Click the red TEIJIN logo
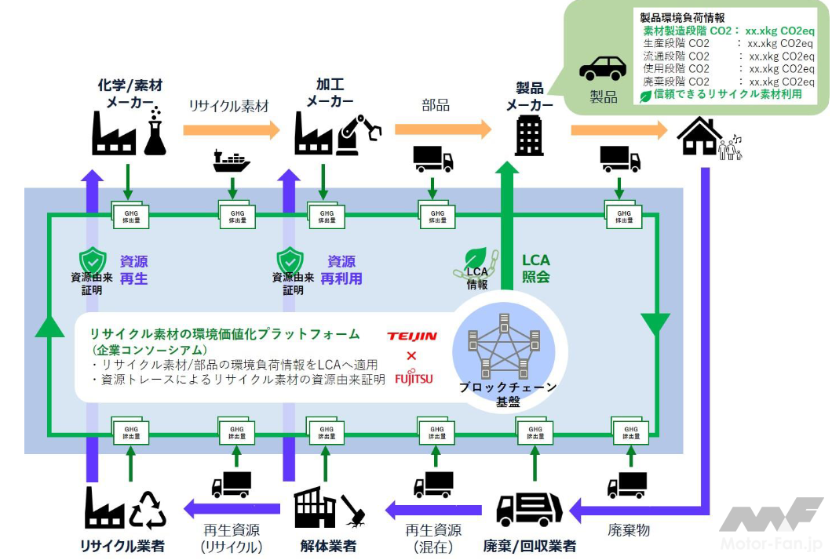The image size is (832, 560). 412,336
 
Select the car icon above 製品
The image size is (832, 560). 602,69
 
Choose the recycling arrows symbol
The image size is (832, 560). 148,510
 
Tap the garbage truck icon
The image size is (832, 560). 529,510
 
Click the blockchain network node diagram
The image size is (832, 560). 503,345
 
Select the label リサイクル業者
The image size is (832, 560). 123,546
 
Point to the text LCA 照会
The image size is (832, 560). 536,268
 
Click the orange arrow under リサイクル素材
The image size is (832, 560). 232,129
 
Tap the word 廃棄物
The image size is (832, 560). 629,531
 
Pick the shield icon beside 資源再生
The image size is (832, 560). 92,260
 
